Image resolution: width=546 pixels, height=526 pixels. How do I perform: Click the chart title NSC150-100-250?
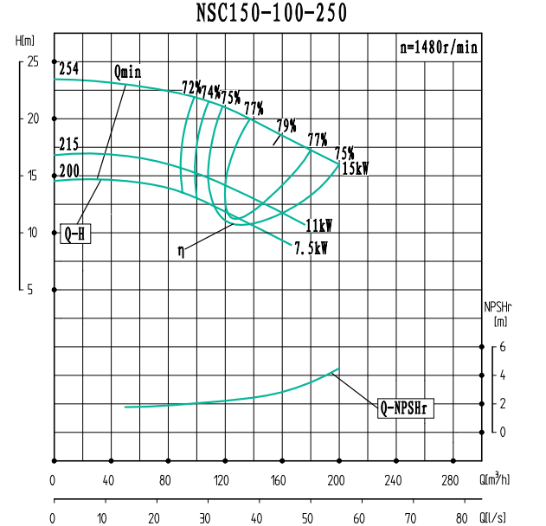click(273, 13)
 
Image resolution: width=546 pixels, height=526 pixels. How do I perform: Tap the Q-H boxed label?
click(75, 234)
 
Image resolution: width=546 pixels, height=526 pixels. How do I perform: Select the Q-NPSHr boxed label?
click(406, 407)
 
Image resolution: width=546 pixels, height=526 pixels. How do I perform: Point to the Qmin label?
click(126, 72)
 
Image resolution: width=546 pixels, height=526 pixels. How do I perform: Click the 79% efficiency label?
click(286, 125)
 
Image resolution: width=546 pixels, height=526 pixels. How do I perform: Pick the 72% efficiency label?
click(190, 87)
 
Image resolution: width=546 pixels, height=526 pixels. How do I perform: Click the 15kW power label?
click(355, 169)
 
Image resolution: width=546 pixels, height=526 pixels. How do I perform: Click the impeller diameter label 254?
click(69, 68)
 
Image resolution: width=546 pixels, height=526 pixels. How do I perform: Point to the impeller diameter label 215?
click(69, 144)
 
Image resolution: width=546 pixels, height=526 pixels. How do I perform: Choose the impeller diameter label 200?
click(69, 170)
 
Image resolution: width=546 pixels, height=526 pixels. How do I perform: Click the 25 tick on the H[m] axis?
click(33, 62)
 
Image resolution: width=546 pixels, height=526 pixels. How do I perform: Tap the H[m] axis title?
click(26, 41)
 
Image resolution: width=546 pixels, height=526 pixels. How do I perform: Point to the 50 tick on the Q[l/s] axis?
click(307, 518)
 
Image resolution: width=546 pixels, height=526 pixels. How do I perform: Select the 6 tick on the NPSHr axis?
click(500, 347)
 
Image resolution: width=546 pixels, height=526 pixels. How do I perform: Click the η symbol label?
click(181, 251)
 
